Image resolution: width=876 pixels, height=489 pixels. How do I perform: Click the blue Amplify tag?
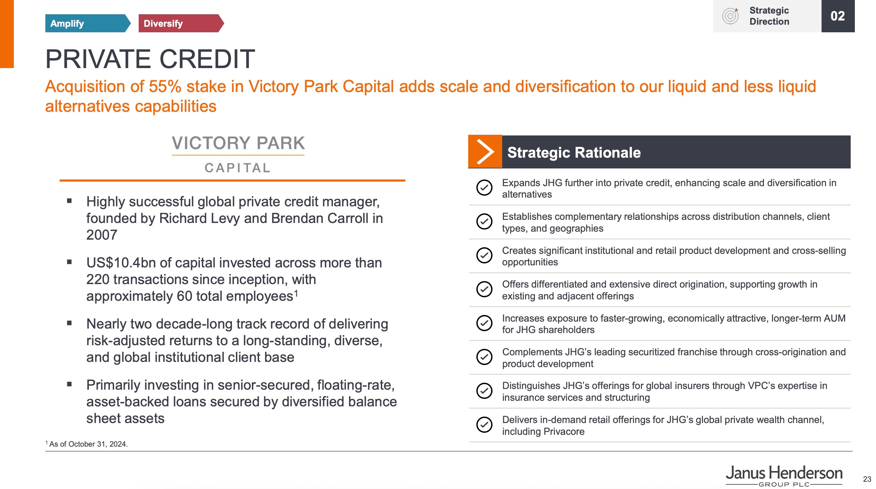87,23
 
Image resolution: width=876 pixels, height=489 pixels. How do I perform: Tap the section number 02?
838,16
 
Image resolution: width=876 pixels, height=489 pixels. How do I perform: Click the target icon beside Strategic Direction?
730,16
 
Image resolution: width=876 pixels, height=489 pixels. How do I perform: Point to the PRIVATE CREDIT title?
150,59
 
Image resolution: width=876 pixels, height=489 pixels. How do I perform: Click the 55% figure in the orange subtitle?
165,86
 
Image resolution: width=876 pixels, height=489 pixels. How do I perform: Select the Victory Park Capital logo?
238,154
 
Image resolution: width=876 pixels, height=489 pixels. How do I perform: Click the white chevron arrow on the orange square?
485,152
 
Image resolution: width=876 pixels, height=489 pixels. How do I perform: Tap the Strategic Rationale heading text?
574,152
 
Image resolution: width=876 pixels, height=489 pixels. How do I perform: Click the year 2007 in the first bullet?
102,235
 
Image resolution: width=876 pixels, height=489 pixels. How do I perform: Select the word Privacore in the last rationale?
564,431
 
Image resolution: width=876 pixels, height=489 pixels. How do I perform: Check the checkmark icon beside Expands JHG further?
484,188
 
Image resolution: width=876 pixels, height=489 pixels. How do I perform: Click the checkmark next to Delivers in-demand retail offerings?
484,424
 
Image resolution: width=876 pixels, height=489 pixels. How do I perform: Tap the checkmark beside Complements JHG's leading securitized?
484,357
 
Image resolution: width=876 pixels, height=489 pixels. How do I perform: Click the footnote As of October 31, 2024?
87,444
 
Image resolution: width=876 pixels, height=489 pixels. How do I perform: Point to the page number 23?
867,479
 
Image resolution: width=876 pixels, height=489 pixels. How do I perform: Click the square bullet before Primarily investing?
69,384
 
